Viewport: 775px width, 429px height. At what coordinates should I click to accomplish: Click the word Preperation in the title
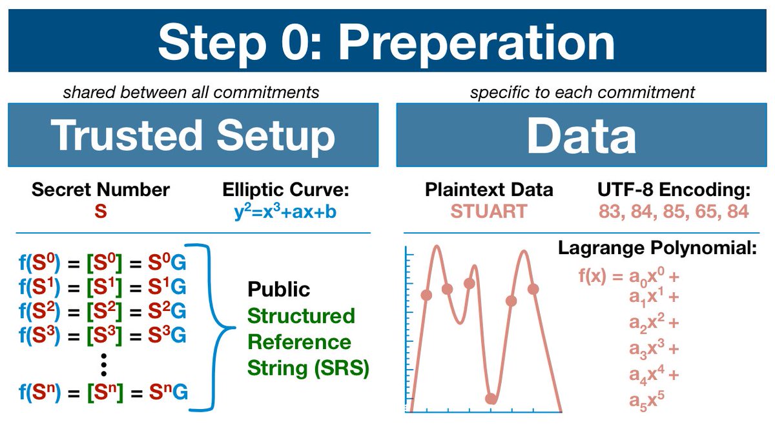pos(476,43)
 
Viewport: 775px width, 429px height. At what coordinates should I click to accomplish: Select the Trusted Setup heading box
pos(193,135)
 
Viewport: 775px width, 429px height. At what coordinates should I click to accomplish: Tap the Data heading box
pos(582,135)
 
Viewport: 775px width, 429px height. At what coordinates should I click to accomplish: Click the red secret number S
pos(101,211)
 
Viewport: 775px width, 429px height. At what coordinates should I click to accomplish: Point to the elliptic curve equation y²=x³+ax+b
pos(285,210)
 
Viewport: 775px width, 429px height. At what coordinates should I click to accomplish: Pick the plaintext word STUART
pos(489,211)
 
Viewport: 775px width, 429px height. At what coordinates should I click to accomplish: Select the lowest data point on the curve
pos(491,399)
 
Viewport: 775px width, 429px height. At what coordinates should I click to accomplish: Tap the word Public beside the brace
pos(279,290)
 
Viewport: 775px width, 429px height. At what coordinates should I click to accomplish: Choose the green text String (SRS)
pos(309,368)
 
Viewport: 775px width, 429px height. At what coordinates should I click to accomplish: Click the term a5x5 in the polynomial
pos(646,401)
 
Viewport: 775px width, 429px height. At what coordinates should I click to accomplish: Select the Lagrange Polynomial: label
pos(657,248)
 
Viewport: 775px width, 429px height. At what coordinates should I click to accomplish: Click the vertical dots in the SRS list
pos(103,364)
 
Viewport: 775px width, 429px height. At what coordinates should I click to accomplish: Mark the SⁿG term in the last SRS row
pos(169,392)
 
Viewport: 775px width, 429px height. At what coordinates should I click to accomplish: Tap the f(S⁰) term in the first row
pos(39,263)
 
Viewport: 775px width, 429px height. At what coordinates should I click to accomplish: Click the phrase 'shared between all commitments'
pos(191,92)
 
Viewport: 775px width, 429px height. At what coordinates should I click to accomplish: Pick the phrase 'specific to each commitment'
pos(583,92)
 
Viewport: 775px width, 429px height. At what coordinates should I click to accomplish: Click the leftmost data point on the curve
pos(426,295)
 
